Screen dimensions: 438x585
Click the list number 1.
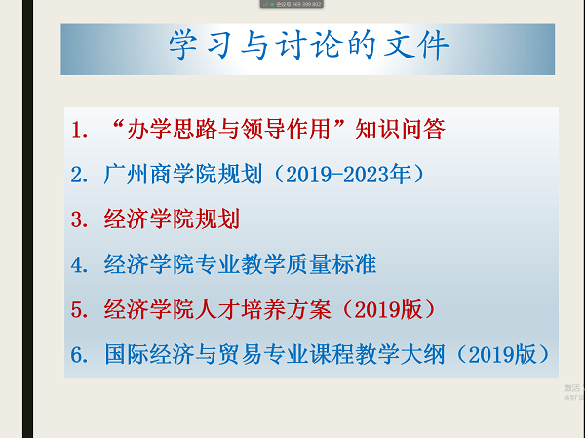79,129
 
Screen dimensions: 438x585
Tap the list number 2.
79,175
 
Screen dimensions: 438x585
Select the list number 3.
79,219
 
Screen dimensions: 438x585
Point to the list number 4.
79,263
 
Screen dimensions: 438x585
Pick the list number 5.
79,309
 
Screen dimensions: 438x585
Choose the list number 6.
79,354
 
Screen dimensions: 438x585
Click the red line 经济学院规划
171,219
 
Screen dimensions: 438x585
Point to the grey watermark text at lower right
573,391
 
